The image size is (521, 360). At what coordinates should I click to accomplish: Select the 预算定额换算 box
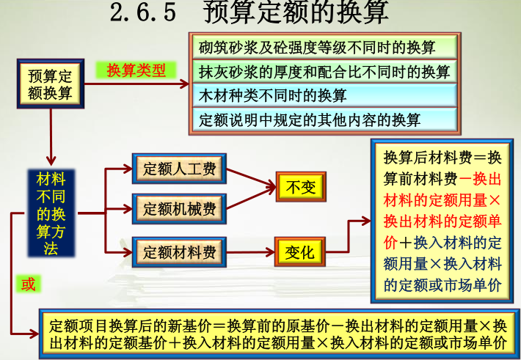[x=50, y=84]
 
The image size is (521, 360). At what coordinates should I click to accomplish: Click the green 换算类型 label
[x=136, y=70]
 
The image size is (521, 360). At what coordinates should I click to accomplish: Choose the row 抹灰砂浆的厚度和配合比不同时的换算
[x=324, y=72]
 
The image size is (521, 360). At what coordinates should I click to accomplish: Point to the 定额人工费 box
[x=179, y=169]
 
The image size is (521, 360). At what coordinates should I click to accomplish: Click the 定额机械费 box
[x=179, y=209]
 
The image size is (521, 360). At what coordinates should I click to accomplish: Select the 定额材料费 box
[x=179, y=252]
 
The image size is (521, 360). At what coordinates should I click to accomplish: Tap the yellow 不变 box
[x=300, y=187]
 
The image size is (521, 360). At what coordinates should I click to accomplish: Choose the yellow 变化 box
[x=300, y=253]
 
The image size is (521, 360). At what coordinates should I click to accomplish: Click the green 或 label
[x=28, y=283]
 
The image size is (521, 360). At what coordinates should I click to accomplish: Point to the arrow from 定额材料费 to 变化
[x=249, y=252]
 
